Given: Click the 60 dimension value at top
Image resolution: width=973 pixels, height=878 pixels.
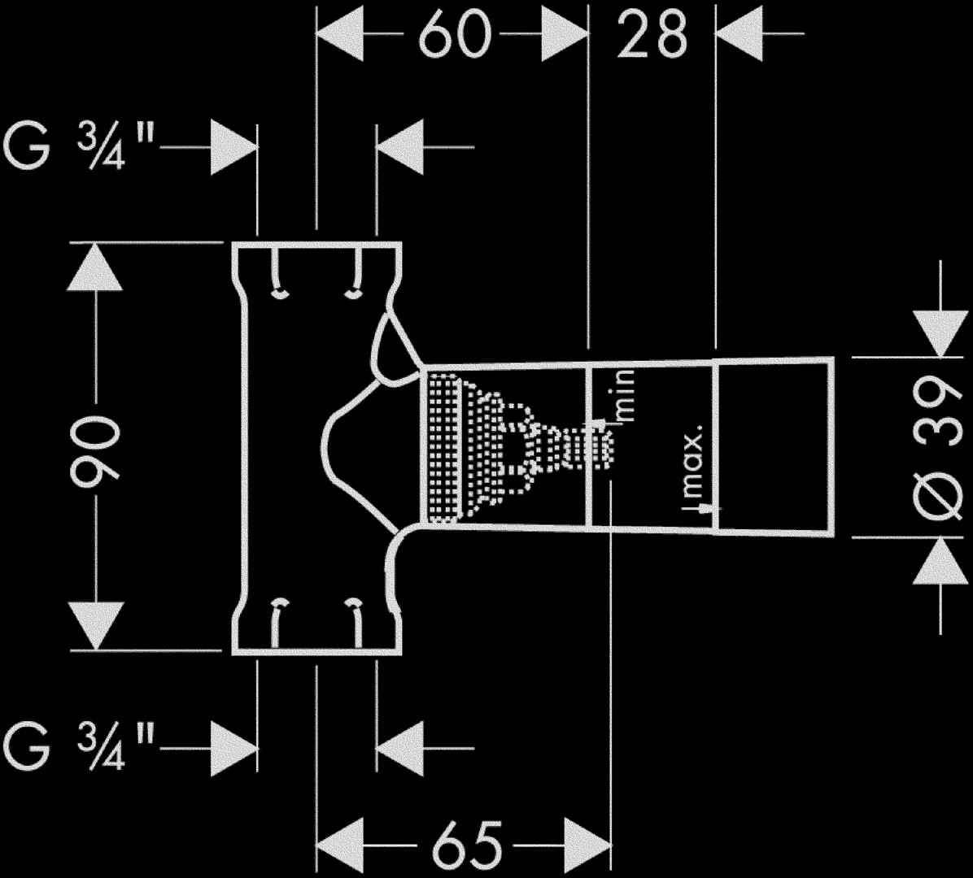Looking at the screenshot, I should pyautogui.click(x=456, y=34).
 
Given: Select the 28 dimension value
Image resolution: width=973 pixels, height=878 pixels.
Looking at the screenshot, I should pyautogui.click(x=652, y=34).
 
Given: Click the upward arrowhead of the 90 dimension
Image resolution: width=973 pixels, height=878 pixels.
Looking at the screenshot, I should pyautogui.click(x=95, y=268).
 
